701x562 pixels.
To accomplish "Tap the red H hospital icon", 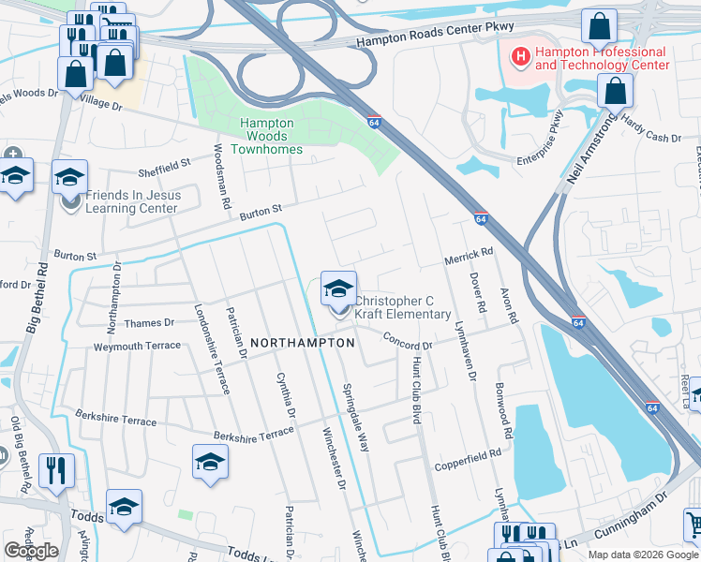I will click(x=518, y=58).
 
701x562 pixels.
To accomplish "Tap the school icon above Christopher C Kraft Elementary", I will click(x=338, y=287).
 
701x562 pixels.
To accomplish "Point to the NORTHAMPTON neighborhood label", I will click(x=301, y=343).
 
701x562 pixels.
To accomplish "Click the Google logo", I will click(x=31, y=551).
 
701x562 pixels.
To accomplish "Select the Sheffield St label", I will click(x=164, y=168).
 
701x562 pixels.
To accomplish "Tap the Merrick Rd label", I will click(x=468, y=256).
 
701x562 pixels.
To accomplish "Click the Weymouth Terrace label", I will click(x=136, y=347).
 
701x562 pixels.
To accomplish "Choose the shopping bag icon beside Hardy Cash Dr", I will click(x=615, y=91).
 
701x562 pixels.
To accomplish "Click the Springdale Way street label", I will click(x=355, y=418).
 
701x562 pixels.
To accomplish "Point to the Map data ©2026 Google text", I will click(x=642, y=555).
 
